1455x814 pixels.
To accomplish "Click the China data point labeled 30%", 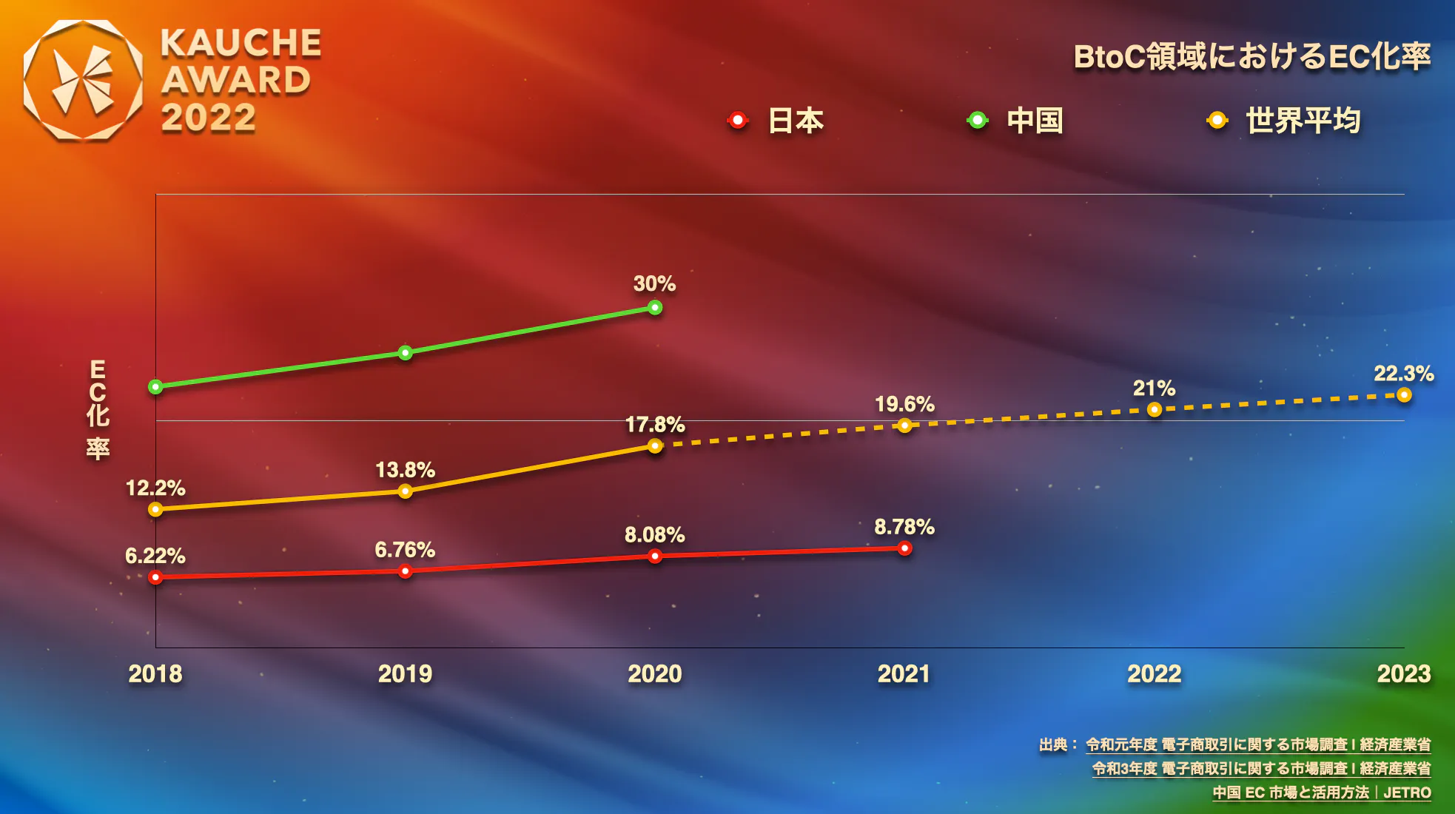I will click(655, 307).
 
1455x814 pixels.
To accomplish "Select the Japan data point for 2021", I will click(904, 548).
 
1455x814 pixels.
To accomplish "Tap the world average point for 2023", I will click(1404, 395).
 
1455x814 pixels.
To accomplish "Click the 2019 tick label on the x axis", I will click(405, 674).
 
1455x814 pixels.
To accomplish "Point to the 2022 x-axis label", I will click(1154, 674).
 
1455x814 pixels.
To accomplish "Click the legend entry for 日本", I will click(777, 121).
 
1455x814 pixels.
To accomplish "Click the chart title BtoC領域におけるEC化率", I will click(1251, 57).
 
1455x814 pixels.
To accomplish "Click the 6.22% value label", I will click(155, 556).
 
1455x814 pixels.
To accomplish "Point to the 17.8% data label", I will click(655, 425).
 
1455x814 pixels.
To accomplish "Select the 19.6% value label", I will click(904, 404).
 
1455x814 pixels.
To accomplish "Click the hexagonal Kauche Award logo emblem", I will click(83, 80).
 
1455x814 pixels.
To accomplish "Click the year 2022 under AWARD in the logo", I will click(209, 118).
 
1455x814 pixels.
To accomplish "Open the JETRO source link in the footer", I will click(1321, 793).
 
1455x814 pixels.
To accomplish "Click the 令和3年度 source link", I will click(1261, 769).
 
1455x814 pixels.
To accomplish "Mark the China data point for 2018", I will click(155, 386).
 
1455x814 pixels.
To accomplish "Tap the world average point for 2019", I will click(405, 491).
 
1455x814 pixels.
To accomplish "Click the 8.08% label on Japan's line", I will click(654, 535).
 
